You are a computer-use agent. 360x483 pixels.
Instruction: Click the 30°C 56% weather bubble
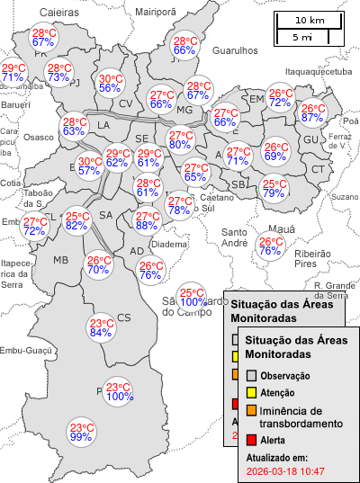[x=111, y=83]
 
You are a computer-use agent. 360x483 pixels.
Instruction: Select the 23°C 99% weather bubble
[x=82, y=432]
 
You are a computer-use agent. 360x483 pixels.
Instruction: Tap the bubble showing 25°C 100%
[x=192, y=298]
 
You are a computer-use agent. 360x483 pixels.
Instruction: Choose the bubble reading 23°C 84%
[x=101, y=328]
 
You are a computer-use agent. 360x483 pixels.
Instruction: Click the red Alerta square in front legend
[x=252, y=440]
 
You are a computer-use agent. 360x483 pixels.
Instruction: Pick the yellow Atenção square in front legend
[x=252, y=393]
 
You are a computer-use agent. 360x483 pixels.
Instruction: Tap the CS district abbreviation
[x=124, y=317]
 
